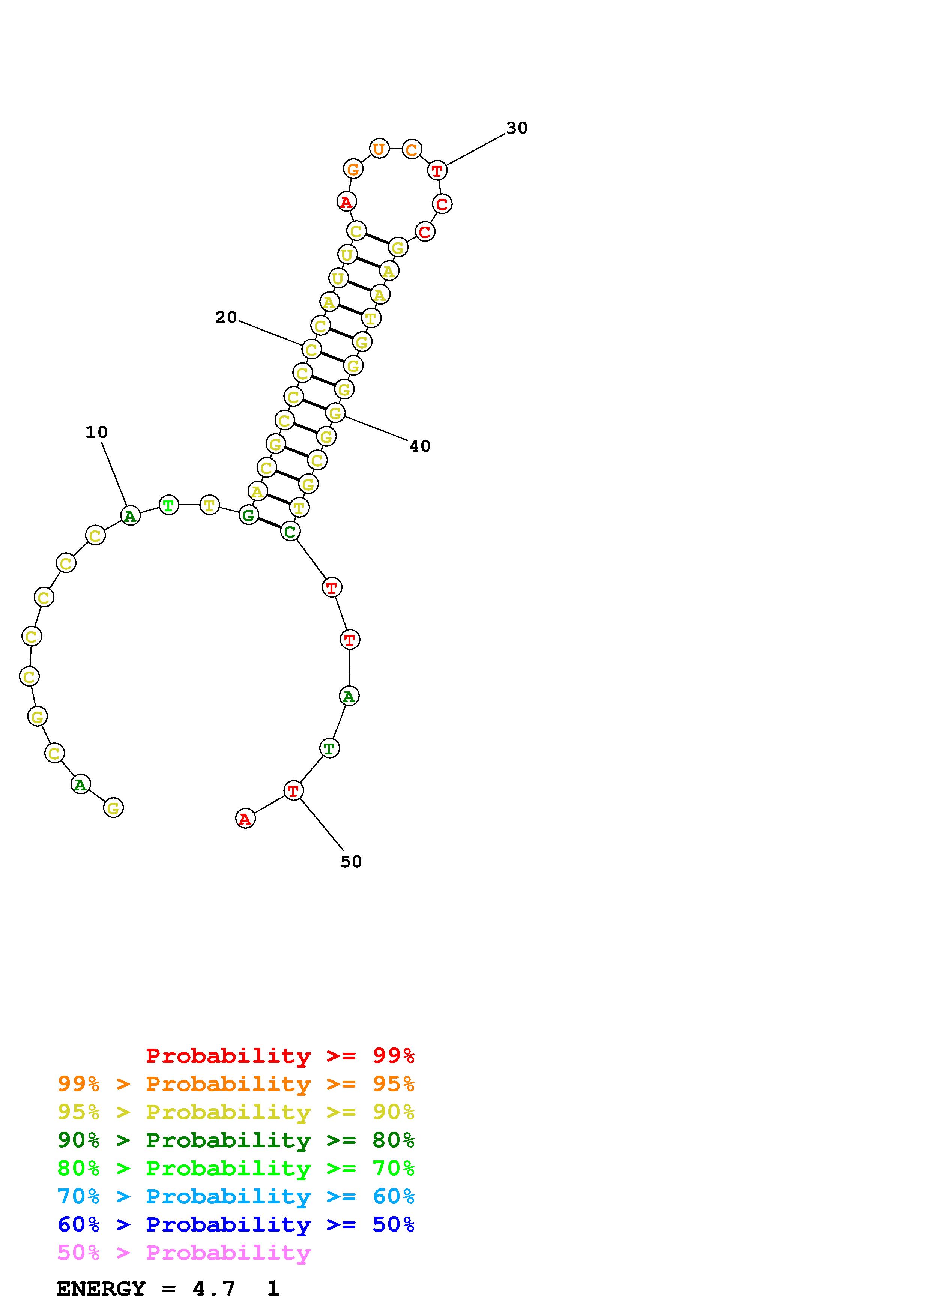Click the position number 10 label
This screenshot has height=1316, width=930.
coord(96,432)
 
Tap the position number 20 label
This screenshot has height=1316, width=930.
coord(226,317)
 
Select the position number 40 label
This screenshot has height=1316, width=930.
coord(419,446)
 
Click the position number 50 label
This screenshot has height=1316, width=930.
coord(351,861)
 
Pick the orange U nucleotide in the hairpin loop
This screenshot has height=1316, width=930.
coord(379,149)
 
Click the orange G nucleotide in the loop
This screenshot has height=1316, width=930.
coord(353,169)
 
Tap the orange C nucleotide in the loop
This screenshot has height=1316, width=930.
coord(412,150)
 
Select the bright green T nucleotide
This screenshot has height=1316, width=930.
coord(168,505)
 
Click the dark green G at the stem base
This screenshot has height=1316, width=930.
coord(248,515)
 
